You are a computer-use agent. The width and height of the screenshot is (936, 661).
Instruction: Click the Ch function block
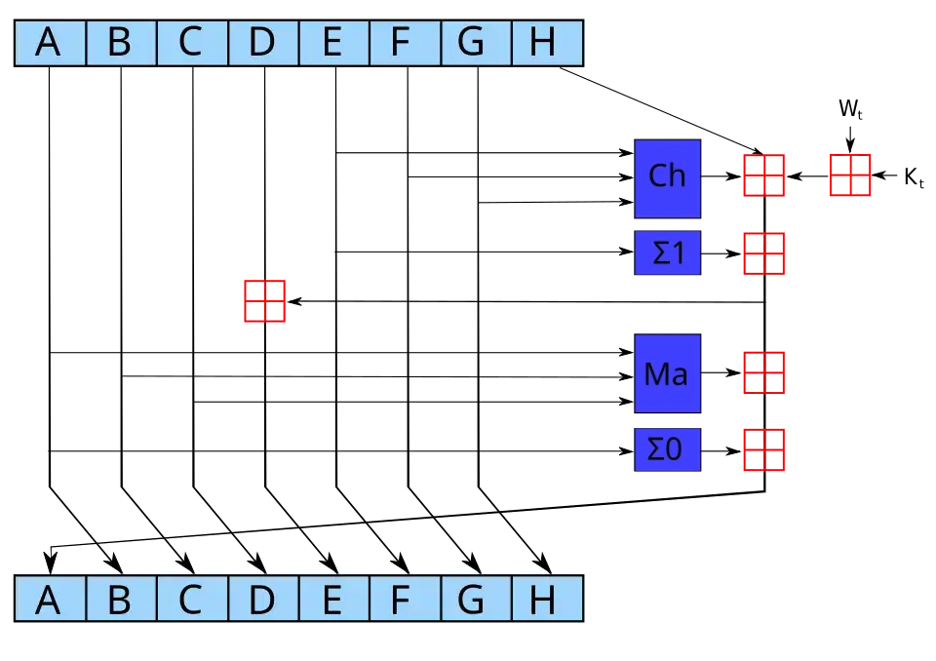click(x=667, y=178)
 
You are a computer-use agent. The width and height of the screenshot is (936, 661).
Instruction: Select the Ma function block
click(x=667, y=373)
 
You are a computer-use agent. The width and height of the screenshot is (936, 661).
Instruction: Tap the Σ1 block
click(x=667, y=253)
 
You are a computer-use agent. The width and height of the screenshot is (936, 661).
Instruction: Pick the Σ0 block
click(x=667, y=449)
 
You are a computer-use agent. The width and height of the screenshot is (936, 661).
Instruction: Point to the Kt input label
click(x=915, y=176)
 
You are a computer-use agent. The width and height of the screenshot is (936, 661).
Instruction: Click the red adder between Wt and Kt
click(x=850, y=175)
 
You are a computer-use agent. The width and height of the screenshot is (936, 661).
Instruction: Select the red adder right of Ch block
click(x=764, y=175)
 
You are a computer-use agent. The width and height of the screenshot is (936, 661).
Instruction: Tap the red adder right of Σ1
click(x=764, y=253)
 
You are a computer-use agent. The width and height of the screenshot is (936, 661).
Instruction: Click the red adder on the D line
click(x=264, y=301)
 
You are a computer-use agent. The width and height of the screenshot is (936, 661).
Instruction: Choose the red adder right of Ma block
click(x=764, y=372)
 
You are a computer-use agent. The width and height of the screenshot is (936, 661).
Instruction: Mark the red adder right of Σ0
click(x=764, y=449)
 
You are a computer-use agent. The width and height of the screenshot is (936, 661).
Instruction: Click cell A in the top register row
click(x=50, y=42)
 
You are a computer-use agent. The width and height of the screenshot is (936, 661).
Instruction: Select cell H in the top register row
click(x=547, y=42)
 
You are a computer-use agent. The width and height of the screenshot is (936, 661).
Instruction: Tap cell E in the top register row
click(x=334, y=42)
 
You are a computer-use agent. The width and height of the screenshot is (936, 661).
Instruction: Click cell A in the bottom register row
click(x=50, y=599)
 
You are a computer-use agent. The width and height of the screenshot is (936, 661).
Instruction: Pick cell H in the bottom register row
click(x=547, y=599)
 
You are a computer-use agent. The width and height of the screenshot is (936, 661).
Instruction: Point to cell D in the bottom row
click(x=263, y=599)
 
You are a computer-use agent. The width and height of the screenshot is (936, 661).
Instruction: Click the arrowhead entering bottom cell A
click(x=51, y=564)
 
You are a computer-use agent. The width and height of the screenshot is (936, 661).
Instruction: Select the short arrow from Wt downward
click(x=850, y=138)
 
